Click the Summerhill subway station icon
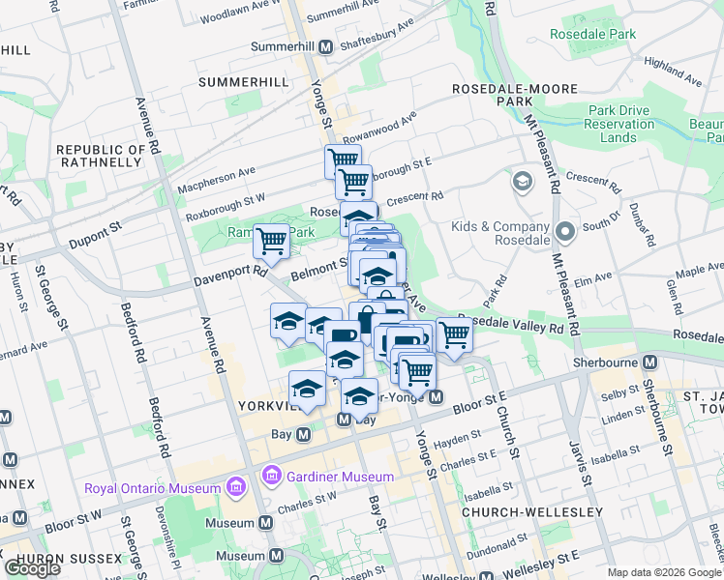[326, 46]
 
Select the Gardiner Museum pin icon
[270, 476]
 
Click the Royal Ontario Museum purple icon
[233, 487]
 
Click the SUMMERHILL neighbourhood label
[243, 82]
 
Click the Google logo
[32, 568]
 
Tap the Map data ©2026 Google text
[663, 572]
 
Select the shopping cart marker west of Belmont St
[271, 240]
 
